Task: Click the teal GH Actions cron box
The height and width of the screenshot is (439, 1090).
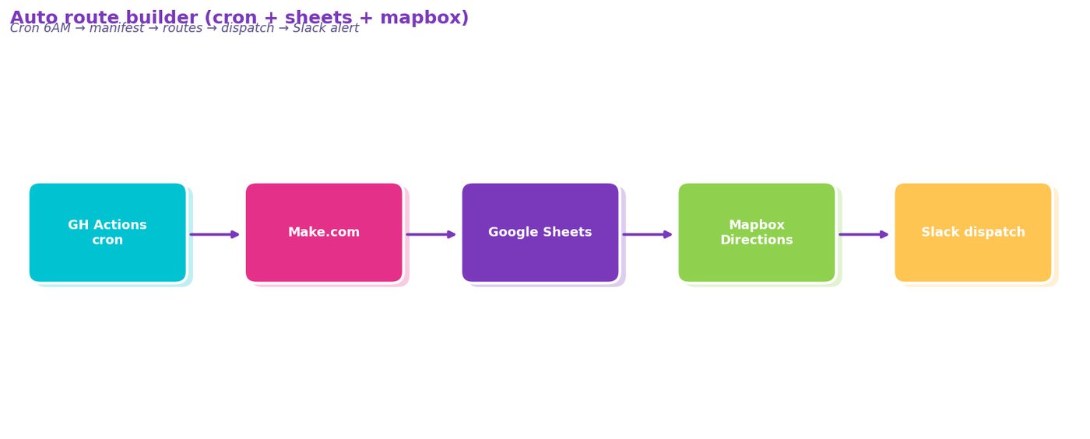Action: pyautogui.click(x=107, y=233)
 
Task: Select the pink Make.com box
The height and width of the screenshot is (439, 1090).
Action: pyautogui.click(x=324, y=233)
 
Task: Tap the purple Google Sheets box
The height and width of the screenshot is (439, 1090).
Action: pyautogui.click(x=540, y=233)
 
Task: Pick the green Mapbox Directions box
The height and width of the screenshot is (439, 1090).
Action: pyautogui.click(x=757, y=233)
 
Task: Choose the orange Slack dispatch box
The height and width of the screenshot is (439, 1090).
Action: pyautogui.click(x=973, y=233)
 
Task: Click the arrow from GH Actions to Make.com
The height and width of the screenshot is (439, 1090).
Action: pyautogui.click(x=215, y=234)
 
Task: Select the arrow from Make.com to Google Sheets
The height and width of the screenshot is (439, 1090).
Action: pyautogui.click(x=431, y=234)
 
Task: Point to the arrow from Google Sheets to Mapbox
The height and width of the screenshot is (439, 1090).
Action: pyautogui.click(x=647, y=234)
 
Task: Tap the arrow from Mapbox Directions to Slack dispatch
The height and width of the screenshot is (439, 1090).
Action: pyautogui.click(x=863, y=234)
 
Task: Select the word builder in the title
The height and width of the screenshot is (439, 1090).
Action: pyautogui.click(x=163, y=18)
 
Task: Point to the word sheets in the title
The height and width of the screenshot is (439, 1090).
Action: pyautogui.click(x=318, y=18)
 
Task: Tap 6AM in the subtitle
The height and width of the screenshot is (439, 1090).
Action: pyautogui.click(x=57, y=28)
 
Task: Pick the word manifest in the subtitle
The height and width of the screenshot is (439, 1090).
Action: pyautogui.click(x=117, y=28)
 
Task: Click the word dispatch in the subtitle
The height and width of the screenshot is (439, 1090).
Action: pyautogui.click(x=248, y=29)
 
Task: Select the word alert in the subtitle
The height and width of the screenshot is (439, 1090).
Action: pyautogui.click(x=344, y=28)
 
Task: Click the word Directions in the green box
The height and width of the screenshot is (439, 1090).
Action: pyautogui.click(x=757, y=240)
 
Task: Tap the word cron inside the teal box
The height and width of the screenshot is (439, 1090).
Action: pyautogui.click(x=107, y=241)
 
